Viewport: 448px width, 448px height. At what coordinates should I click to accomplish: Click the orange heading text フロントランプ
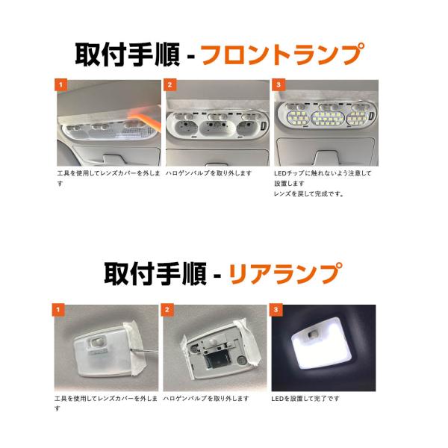283,55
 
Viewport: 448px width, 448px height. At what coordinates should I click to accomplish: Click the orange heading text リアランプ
285,273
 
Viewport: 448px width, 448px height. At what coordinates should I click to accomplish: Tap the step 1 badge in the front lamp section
60,84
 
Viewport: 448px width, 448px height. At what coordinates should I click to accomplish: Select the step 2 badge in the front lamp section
169,84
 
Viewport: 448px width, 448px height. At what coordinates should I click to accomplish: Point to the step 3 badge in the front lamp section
279,84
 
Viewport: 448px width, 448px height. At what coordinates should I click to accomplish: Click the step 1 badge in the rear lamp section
58,310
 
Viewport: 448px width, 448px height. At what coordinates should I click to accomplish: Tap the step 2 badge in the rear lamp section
167,310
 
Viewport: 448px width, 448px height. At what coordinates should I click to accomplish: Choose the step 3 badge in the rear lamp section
276,310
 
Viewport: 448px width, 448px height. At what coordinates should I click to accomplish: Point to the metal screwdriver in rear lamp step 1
143,350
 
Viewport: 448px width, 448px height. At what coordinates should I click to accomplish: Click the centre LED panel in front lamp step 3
328,118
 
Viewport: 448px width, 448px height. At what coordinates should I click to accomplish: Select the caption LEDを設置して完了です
305,398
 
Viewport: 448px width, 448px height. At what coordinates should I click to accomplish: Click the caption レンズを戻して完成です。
308,193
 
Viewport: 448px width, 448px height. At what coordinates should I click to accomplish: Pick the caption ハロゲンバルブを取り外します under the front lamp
208,173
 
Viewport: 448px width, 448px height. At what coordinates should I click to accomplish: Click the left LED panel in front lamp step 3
297,118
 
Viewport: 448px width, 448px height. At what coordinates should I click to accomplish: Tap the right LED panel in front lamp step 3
357,118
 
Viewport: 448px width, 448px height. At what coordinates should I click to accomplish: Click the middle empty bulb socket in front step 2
217,128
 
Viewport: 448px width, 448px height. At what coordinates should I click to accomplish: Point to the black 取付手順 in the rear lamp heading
155,273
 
